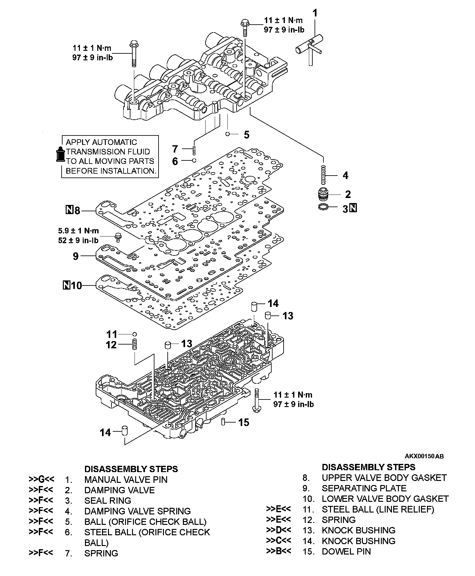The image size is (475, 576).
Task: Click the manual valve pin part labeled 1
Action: point(310,47)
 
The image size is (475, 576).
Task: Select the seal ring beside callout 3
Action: point(323,207)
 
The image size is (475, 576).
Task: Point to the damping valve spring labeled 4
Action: point(323,176)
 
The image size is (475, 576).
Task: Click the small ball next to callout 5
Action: point(227,134)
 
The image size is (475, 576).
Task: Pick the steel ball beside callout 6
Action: point(194,160)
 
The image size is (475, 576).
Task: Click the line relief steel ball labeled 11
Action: point(135,334)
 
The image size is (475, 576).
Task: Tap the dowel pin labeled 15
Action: point(223,422)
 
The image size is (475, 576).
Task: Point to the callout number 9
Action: point(76,256)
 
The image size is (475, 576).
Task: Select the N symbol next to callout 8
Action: point(69,210)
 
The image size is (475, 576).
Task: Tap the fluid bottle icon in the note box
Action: point(60,154)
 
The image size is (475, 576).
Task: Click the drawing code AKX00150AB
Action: point(424,456)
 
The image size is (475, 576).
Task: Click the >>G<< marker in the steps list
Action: point(41,479)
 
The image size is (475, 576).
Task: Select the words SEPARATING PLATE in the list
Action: point(364,488)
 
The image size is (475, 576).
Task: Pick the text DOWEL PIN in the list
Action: point(346,551)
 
